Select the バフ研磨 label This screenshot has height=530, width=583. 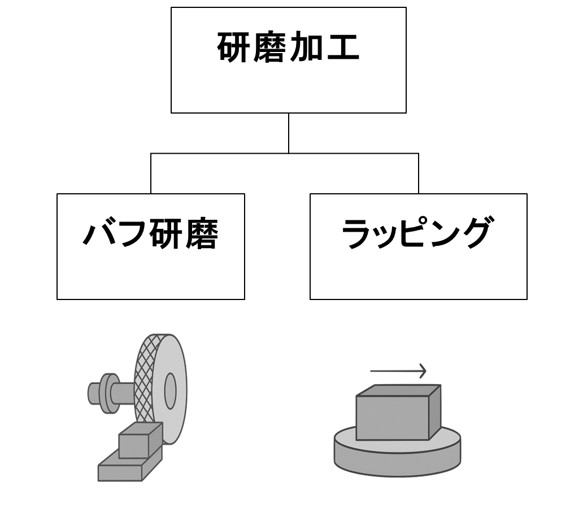[x=150, y=234]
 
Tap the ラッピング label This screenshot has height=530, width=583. [x=417, y=234]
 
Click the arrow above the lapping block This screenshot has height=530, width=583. [x=398, y=371]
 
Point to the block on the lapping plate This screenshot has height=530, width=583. [x=392, y=418]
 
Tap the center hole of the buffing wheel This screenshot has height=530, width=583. [x=170, y=390]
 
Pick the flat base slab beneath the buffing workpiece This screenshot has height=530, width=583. [x=120, y=472]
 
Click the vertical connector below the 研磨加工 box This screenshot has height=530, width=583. [x=289, y=133]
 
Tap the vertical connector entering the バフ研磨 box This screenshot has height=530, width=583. [x=151, y=173]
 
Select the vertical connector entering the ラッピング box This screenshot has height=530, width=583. [x=419, y=173]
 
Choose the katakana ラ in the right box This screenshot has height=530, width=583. [x=358, y=234]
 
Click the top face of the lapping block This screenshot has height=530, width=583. [x=398, y=390]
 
